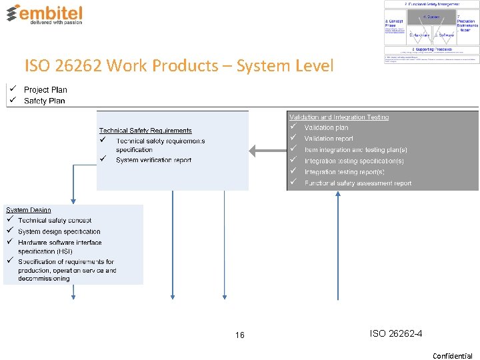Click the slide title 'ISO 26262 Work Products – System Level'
[179, 66]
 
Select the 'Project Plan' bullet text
[45, 90]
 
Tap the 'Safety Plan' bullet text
[45, 101]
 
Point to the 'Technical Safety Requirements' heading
[145, 131]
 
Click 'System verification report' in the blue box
[153, 160]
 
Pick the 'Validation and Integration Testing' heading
[339, 117]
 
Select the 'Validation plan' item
[326, 128]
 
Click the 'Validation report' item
[329, 139]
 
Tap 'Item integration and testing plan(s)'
[355, 150]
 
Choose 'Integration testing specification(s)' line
[354, 161]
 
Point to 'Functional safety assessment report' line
[358, 183]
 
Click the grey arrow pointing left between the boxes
[267, 151]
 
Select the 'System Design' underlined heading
[29, 210]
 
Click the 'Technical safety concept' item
[55, 221]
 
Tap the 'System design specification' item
[59, 232]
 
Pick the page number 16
[240, 335]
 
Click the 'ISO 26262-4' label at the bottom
[396, 333]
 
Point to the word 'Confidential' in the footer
[453, 356]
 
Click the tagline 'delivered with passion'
[55, 22]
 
